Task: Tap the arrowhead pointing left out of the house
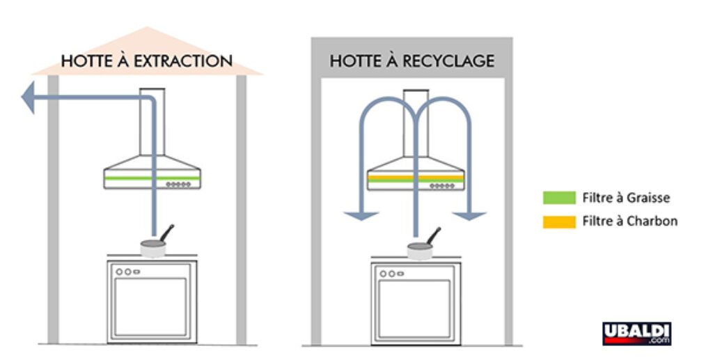29,98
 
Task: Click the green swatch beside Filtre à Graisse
558,198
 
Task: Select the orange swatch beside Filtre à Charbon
558,221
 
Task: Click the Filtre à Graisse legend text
626,198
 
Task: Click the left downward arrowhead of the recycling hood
361,214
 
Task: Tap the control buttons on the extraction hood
178,185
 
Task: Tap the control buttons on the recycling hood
442,185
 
